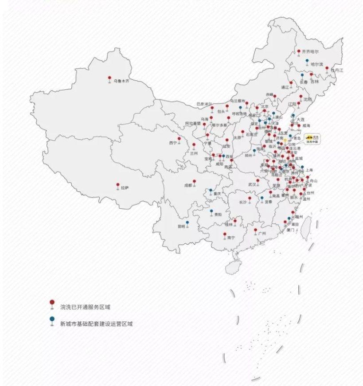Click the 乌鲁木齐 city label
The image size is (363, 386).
point(121,82)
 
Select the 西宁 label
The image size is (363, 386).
point(173,143)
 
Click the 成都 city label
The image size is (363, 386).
point(188,186)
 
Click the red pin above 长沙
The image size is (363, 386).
point(250,199)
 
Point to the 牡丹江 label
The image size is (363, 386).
point(337,70)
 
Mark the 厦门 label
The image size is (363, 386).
point(290,230)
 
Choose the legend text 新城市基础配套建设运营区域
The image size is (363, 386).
point(96,324)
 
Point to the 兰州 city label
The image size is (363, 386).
point(193,153)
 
